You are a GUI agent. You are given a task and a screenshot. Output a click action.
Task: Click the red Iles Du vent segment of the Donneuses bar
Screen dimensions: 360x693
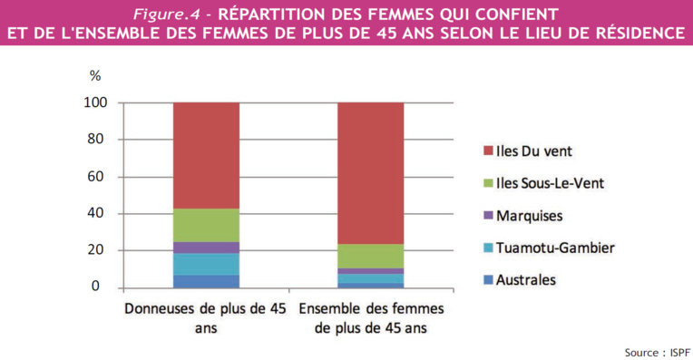click(x=206, y=155)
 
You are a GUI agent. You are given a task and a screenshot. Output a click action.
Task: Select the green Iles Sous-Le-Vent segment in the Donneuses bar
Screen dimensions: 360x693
click(x=206, y=225)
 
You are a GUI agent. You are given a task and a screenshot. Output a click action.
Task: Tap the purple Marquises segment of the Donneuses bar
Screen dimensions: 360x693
click(x=206, y=248)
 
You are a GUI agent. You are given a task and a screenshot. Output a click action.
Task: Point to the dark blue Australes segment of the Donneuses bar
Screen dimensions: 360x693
click(x=206, y=281)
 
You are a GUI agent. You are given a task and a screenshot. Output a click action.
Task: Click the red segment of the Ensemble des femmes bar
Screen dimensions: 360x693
click(x=370, y=172)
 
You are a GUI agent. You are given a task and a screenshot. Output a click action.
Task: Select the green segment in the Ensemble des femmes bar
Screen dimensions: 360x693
click(x=370, y=256)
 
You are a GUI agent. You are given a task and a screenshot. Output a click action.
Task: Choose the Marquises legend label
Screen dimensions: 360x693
click(x=528, y=215)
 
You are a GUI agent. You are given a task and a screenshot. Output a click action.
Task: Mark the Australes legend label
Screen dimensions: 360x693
click(x=525, y=279)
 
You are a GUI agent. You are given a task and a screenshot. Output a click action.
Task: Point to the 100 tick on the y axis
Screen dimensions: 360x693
click(x=96, y=102)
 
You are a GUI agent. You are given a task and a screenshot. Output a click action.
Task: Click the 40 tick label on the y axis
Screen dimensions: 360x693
click(x=99, y=213)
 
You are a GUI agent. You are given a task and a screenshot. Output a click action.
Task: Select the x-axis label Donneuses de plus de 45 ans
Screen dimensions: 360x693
click(x=205, y=317)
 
